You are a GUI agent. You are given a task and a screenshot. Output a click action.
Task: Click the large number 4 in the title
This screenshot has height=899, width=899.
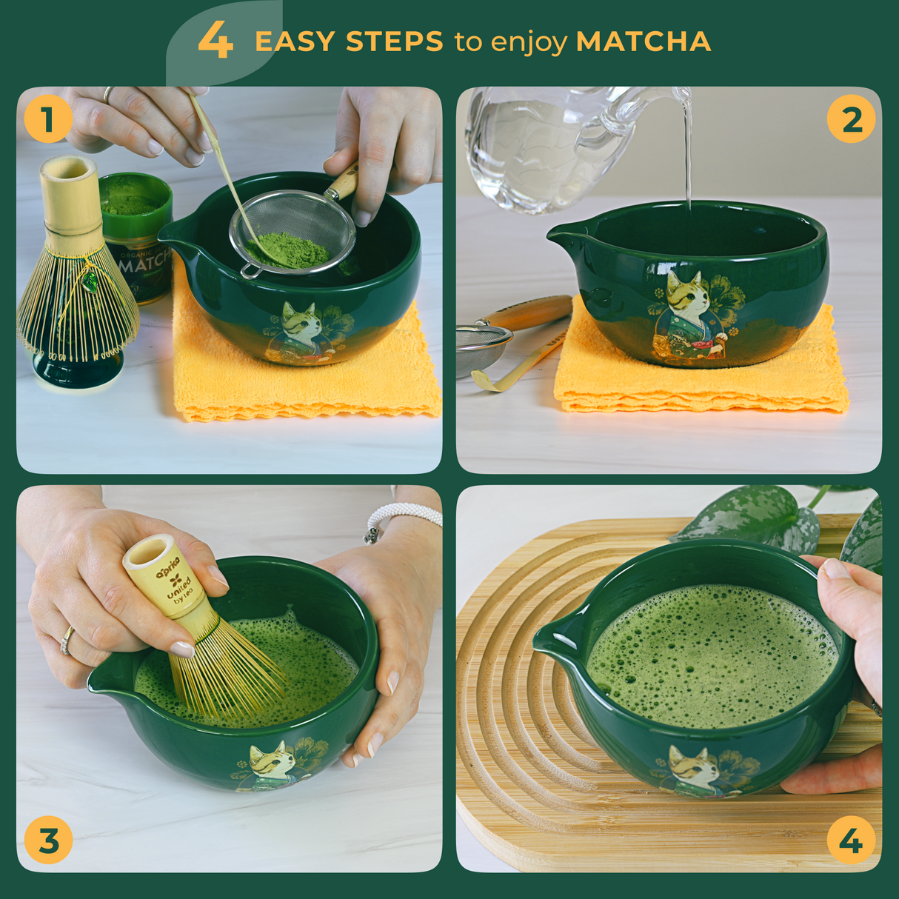[x=215, y=40]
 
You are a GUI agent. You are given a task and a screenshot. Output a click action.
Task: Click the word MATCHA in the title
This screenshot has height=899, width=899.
[x=643, y=41]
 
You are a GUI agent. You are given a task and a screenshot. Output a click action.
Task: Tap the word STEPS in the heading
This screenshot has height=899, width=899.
[x=394, y=41]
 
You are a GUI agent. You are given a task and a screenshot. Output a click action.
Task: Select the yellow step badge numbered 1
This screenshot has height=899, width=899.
[x=48, y=119]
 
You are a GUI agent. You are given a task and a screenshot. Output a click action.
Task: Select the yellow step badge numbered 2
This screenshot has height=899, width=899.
[x=851, y=119]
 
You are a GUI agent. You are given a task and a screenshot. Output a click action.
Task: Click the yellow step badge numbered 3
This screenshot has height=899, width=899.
[x=48, y=841]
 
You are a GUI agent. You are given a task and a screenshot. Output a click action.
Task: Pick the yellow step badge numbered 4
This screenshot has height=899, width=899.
[x=851, y=841]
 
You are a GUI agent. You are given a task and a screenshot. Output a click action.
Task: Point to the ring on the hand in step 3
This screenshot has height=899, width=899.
[x=67, y=640]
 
